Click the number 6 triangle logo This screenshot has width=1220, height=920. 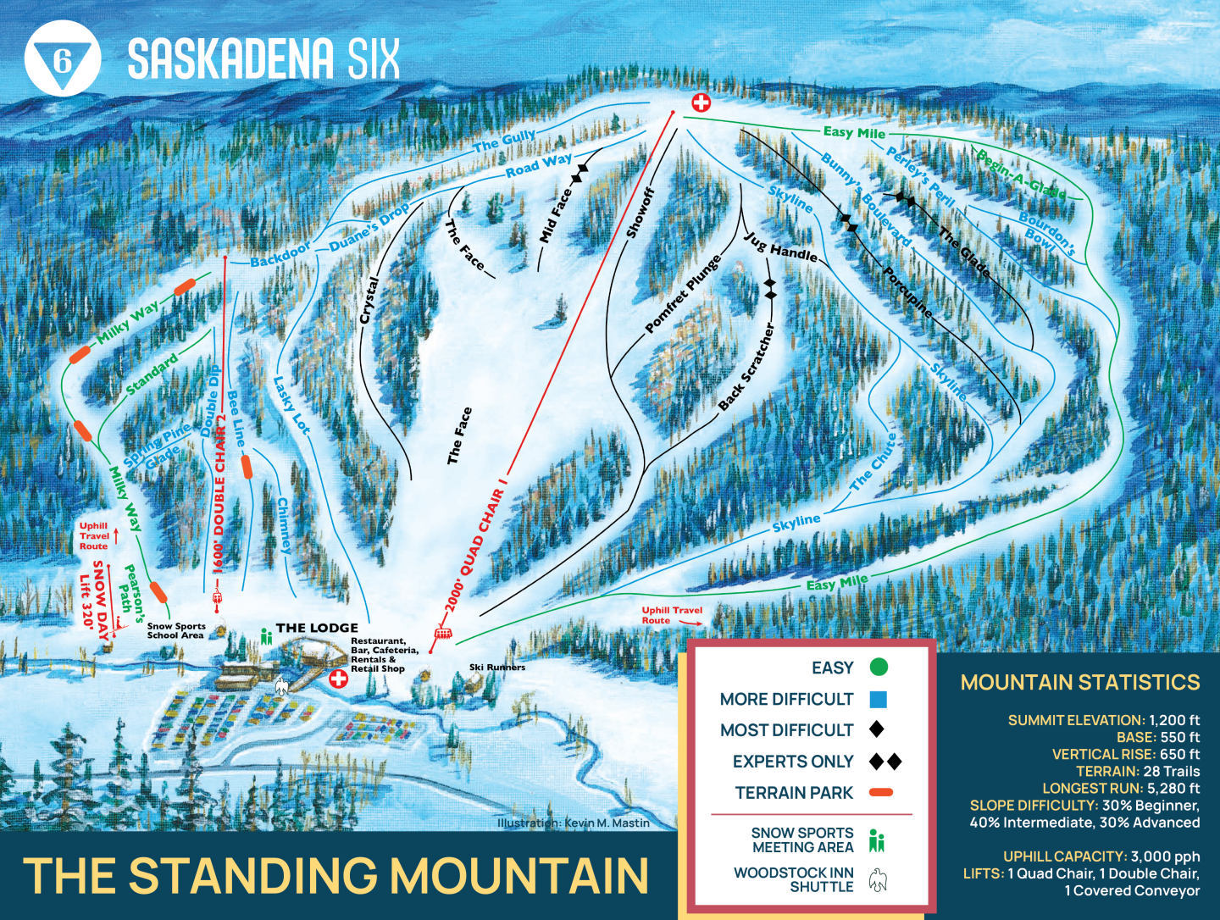[62, 59]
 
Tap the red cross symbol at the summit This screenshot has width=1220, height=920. [701, 103]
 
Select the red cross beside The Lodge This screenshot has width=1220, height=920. [338, 679]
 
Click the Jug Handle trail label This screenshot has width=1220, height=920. [780, 247]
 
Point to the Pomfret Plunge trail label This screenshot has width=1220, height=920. [683, 293]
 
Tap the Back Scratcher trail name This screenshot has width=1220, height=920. [746, 367]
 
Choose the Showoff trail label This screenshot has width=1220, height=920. [640, 213]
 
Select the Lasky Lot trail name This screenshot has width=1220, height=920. [291, 406]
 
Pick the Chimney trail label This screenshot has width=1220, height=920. [284, 526]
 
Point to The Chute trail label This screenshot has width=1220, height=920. [873, 463]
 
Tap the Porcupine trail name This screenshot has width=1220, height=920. [907, 293]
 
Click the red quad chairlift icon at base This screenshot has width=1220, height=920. [441, 633]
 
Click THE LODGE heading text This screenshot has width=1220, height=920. [317, 628]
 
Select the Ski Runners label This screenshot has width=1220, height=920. [497, 668]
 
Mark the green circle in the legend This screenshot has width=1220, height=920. [879, 668]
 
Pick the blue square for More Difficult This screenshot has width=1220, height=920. [878, 700]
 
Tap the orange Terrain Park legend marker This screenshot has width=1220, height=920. [881, 793]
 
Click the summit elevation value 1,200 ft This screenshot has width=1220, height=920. [1174, 720]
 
